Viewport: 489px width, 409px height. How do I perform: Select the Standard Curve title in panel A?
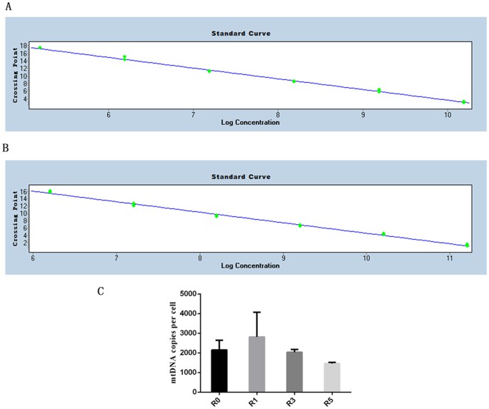point(241,34)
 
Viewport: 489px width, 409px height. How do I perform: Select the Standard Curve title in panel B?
point(241,176)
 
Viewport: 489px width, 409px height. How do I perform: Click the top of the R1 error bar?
point(257,312)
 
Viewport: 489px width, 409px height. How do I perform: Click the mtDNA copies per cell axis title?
point(173,343)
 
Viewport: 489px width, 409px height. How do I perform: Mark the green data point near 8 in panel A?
point(294,81)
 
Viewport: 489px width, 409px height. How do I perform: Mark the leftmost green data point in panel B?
point(50,191)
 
